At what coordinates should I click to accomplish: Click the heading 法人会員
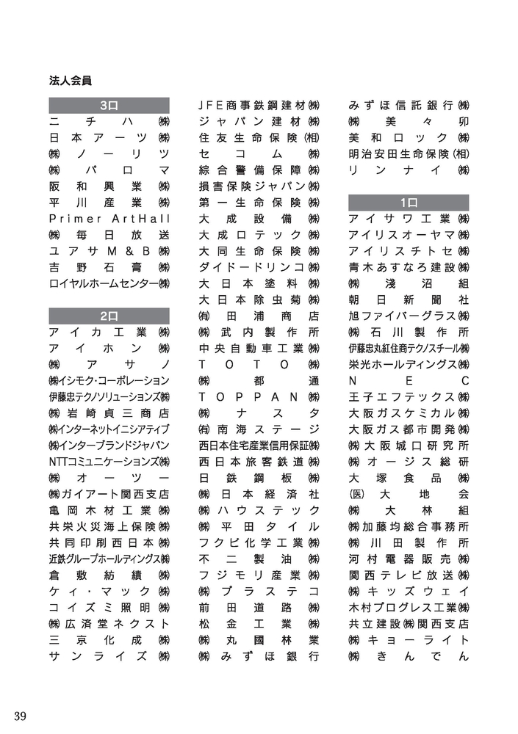[x=71, y=79]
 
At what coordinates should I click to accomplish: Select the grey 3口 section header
[x=109, y=105]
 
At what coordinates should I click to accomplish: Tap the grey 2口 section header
[x=109, y=316]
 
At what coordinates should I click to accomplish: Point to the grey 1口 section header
[x=409, y=202]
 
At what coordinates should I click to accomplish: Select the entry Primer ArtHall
[x=109, y=219]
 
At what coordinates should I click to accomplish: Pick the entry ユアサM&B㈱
[x=109, y=251]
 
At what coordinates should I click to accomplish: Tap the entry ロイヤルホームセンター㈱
[x=109, y=283]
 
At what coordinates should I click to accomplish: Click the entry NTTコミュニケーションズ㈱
[x=109, y=462]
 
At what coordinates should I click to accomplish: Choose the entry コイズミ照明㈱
[x=109, y=607]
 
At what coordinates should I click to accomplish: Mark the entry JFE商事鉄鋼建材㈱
[x=259, y=105]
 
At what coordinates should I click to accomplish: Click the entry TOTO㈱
[x=259, y=364]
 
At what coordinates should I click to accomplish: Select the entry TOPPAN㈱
[x=259, y=396]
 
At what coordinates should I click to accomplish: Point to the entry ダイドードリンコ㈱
[x=259, y=267]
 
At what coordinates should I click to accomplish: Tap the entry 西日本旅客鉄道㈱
[x=259, y=462]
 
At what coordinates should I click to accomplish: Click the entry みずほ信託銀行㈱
[x=409, y=105]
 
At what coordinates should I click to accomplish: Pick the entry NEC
[x=409, y=380]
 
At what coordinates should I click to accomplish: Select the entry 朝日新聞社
[x=409, y=299]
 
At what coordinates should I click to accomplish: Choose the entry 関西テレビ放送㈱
[x=409, y=575]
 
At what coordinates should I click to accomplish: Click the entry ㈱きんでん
[x=409, y=655]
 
